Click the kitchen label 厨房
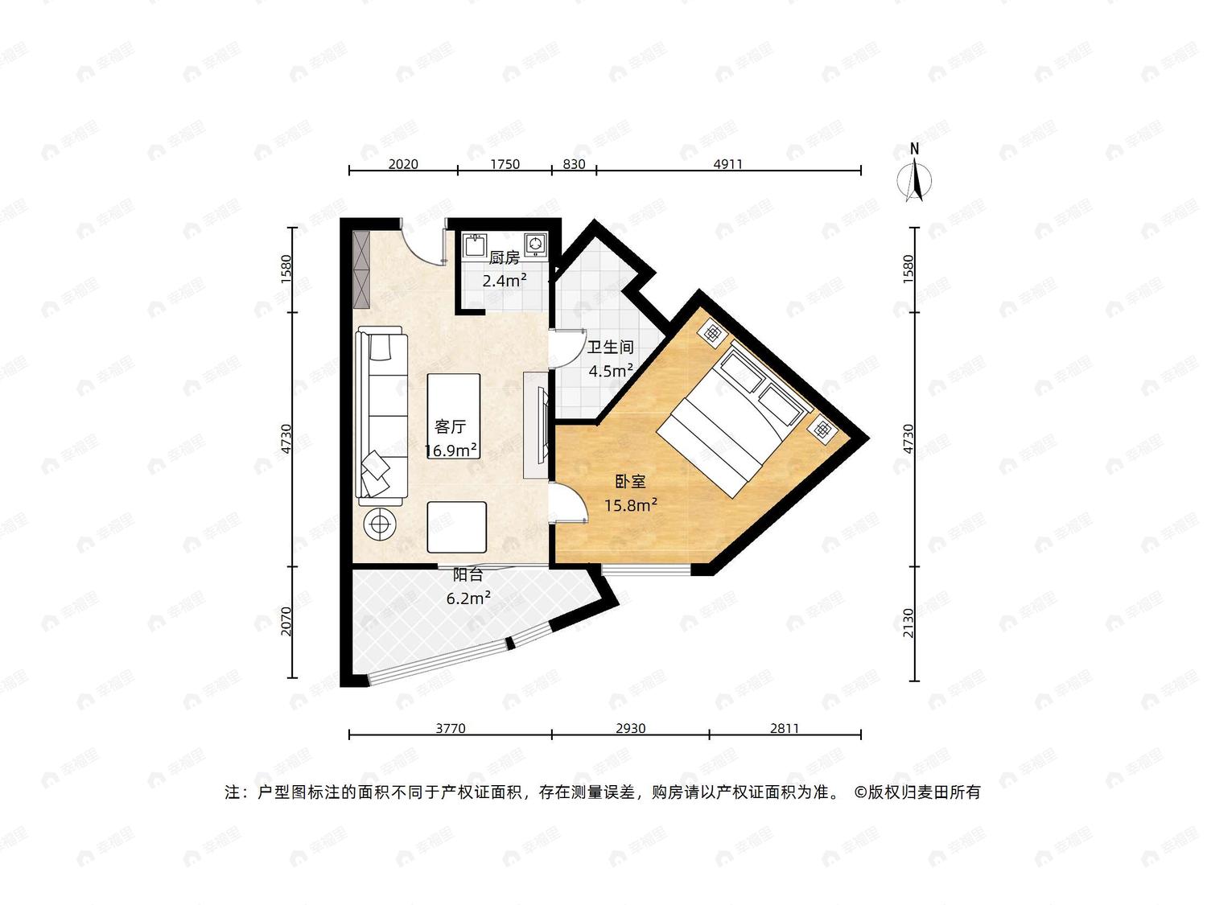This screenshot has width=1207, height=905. [x=505, y=257]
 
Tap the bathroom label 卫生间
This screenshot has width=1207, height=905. [x=611, y=348]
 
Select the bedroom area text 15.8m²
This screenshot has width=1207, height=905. [x=631, y=504]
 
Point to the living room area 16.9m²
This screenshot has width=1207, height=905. [x=451, y=450]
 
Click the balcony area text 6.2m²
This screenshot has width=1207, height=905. [x=468, y=598]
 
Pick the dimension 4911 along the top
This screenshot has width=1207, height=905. [x=727, y=164]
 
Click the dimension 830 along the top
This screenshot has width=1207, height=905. [x=574, y=164]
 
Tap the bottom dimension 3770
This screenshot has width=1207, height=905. [x=451, y=728]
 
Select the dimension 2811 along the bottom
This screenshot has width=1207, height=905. [x=784, y=728]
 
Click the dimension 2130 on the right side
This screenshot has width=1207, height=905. [x=908, y=623]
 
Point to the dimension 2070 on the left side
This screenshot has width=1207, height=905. [x=286, y=621]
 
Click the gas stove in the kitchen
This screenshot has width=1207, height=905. [x=536, y=245]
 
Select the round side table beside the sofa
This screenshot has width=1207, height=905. [x=380, y=524]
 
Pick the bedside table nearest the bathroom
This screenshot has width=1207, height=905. [x=713, y=333]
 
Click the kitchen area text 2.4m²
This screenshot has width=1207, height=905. [x=505, y=281]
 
